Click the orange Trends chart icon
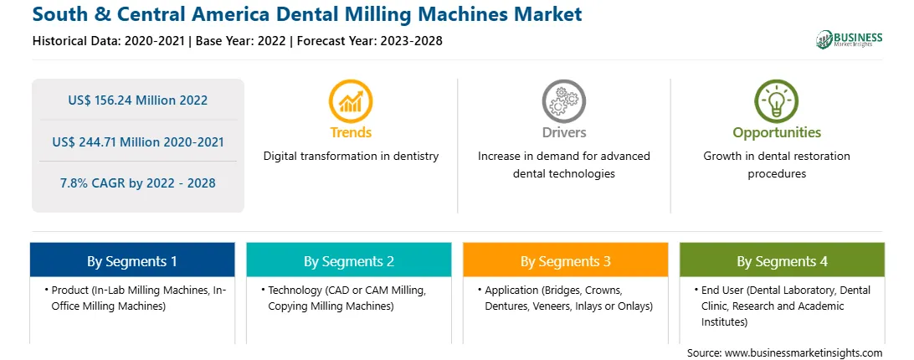coord(351,101)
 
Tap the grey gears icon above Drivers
coord(563,101)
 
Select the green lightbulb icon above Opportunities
coord(777,101)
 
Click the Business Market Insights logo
coord(850,39)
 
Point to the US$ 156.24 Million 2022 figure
coord(137,100)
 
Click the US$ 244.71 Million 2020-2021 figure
coord(137,141)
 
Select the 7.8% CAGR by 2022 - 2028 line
coord(137,183)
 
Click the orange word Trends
coord(351,132)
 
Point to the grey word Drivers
coord(563,132)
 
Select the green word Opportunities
coord(777,133)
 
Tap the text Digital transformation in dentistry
coord(351,157)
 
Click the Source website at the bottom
coord(784,352)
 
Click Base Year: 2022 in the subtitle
coord(241,41)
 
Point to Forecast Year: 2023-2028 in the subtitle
coord(370,41)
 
